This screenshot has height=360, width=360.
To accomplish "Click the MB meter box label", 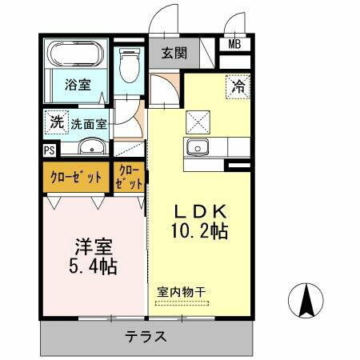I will coord(236,45).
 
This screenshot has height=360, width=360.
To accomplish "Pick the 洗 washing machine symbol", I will coord(55,123).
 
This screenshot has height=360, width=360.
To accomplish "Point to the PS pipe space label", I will coord(49,150).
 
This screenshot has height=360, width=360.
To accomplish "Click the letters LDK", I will coord(199,211).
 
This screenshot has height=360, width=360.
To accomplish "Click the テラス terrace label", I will coord(145,336).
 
